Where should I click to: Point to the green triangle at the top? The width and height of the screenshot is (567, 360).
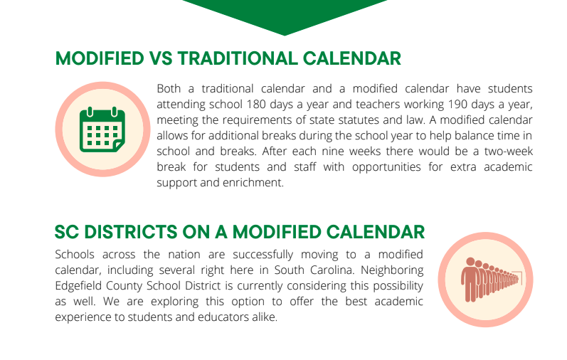285,14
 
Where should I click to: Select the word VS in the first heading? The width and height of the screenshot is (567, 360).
158,58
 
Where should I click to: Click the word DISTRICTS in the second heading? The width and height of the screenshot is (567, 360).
137,232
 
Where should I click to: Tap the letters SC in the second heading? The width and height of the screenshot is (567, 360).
67,232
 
